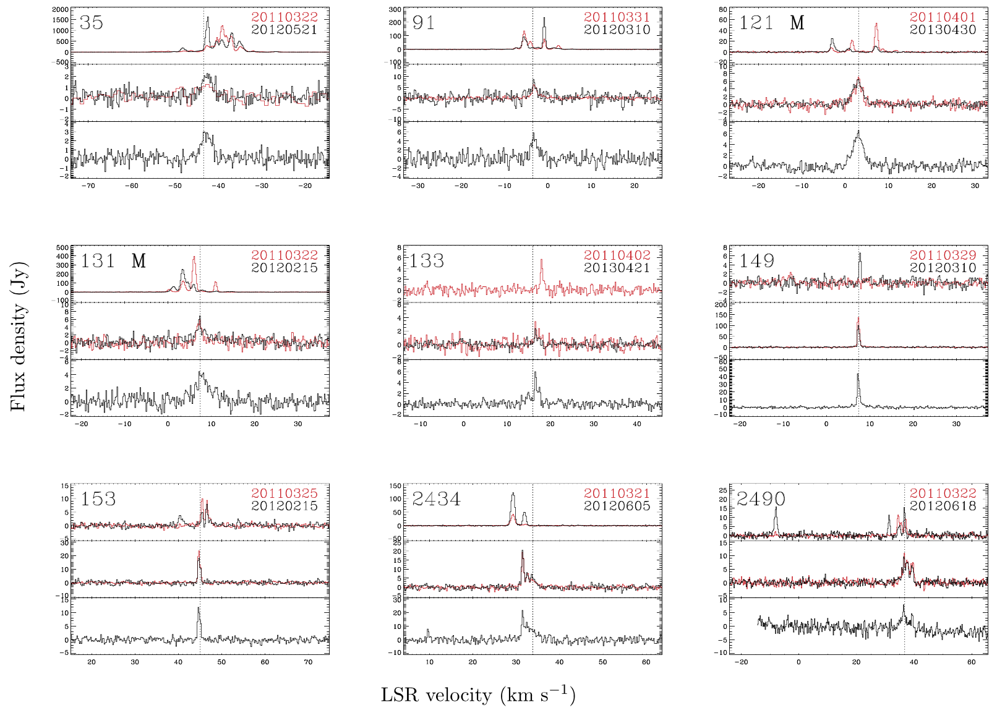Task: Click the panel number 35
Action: point(92,23)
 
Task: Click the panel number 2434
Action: point(436,499)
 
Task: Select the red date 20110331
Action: point(617,17)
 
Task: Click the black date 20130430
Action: point(943,30)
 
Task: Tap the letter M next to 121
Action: point(797,23)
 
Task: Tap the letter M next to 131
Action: point(139,261)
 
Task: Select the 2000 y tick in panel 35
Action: point(61,10)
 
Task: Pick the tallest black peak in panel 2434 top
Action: point(513,495)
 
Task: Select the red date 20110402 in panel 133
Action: point(617,255)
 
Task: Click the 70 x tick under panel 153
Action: point(308,662)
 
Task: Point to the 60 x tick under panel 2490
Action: point(971,662)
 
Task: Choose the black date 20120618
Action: point(943,506)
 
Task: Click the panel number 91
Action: point(424,23)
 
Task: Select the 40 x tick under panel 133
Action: point(637,424)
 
